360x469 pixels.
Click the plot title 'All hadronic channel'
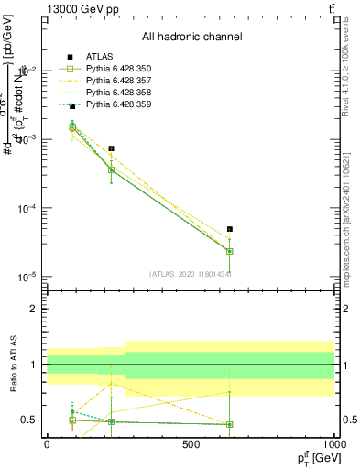coord(191,38)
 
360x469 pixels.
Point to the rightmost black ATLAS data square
coord(230,229)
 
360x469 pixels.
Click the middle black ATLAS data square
coord(111,148)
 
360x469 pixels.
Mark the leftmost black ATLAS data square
coord(72,107)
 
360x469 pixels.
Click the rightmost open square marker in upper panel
coord(230,251)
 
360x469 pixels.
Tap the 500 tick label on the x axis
coord(191,444)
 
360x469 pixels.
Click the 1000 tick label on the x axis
coord(334,444)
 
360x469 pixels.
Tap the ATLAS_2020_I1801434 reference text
coord(191,274)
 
